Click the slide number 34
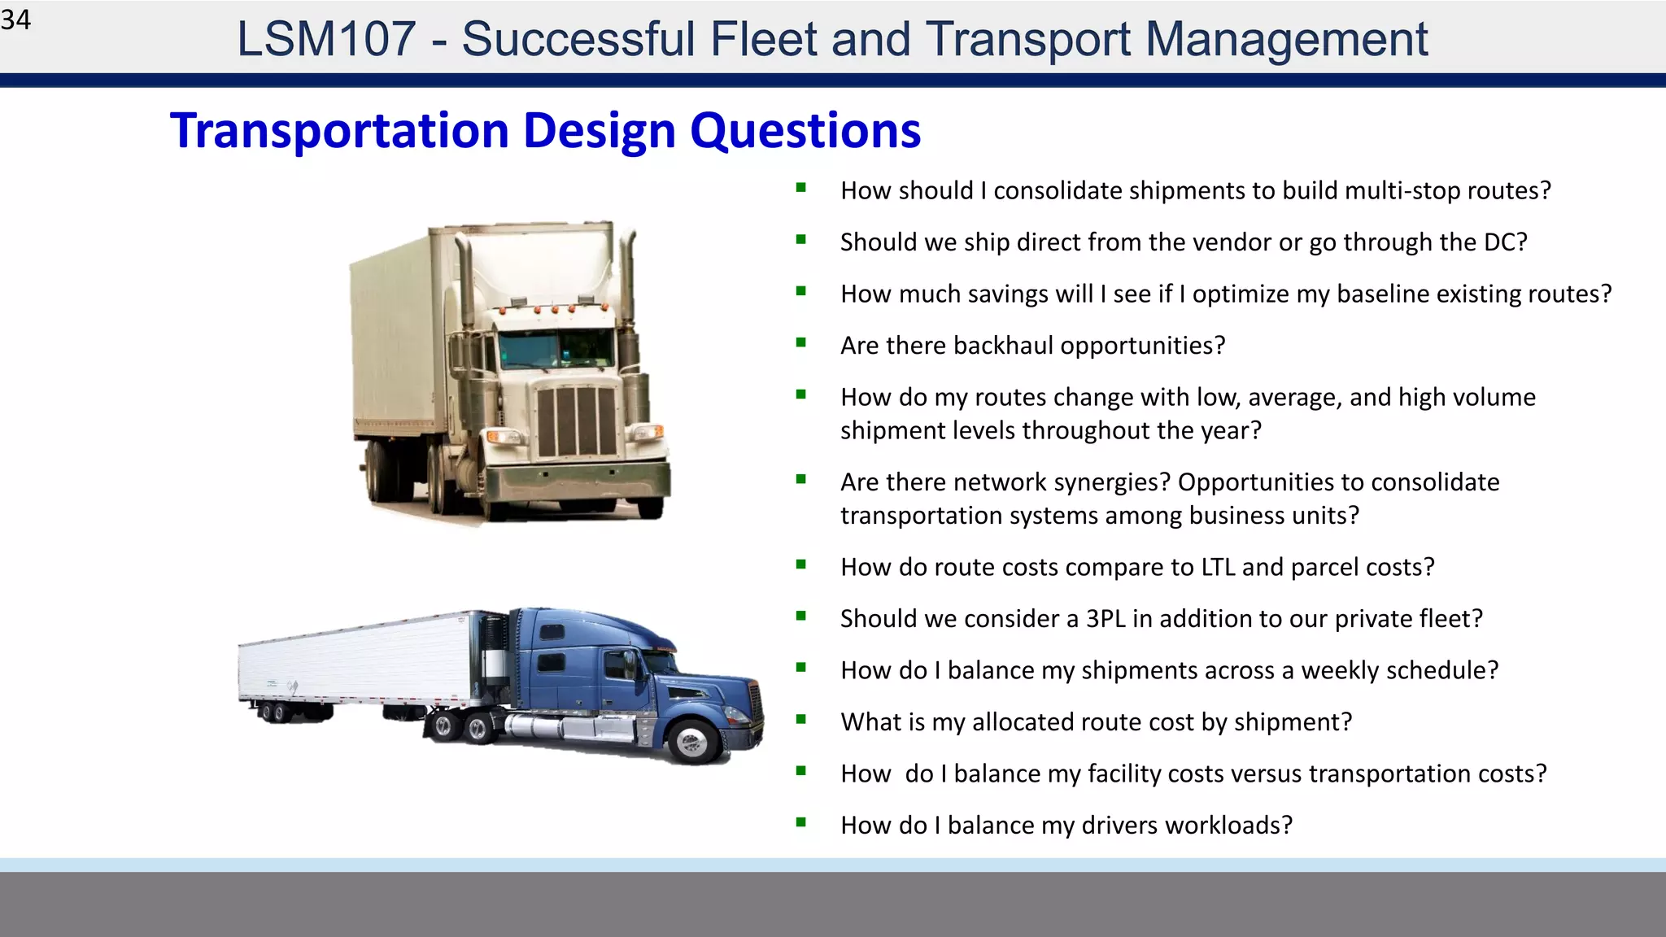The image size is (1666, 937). pos(15,20)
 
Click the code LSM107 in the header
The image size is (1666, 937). pos(325,39)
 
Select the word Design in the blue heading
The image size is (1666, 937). pos(600,131)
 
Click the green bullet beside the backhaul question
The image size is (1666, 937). pos(801,343)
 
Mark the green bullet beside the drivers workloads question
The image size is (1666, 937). pos(801,823)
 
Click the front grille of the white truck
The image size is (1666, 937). pos(576,421)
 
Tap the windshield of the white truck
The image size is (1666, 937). pos(555,348)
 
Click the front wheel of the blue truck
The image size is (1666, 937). pos(693,740)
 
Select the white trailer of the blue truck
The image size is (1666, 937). pos(358,663)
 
